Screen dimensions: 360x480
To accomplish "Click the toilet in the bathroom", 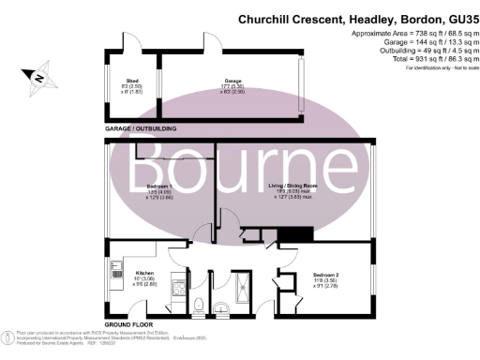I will click(202, 303).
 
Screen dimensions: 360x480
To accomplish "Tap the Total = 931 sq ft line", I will click(426, 58).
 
